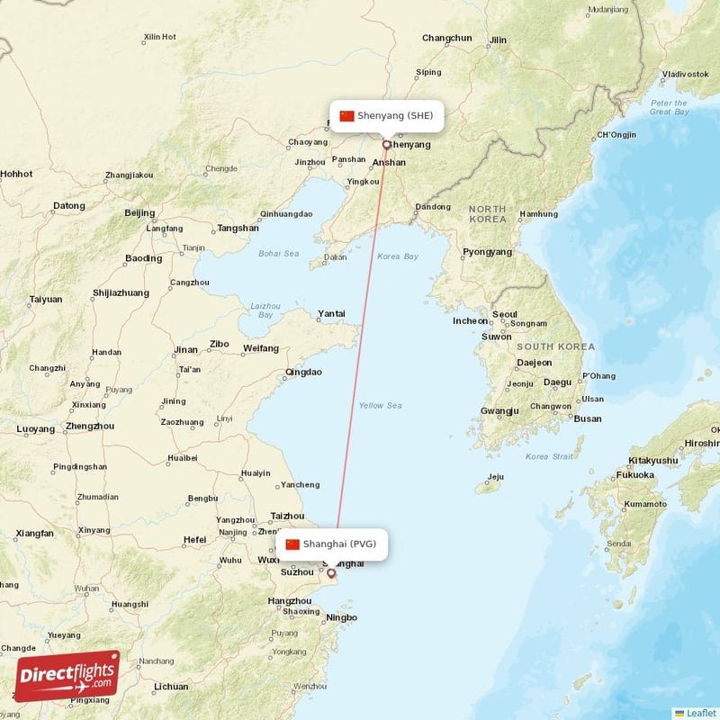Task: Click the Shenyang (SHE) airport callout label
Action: pyautogui.click(x=387, y=116)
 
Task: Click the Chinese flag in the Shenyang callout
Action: pyautogui.click(x=346, y=116)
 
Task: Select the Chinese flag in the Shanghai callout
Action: pyautogui.click(x=292, y=544)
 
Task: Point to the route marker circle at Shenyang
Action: pyautogui.click(x=387, y=144)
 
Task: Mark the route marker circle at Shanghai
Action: pyautogui.click(x=330, y=572)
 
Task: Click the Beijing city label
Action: pyautogui.click(x=139, y=213)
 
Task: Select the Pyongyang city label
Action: pyautogui.click(x=487, y=253)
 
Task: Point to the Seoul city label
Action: pyautogui.click(x=505, y=314)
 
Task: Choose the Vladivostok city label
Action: pyautogui.click(x=685, y=74)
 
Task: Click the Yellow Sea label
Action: pyautogui.click(x=380, y=405)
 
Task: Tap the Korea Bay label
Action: pyautogui.click(x=398, y=256)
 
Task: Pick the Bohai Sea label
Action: pyautogui.click(x=278, y=254)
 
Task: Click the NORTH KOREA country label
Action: pyautogui.click(x=487, y=213)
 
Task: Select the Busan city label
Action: pyautogui.click(x=588, y=418)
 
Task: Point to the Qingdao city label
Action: pyautogui.click(x=303, y=372)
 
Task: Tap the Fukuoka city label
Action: pyautogui.click(x=635, y=474)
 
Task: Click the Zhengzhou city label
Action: pyautogui.click(x=90, y=427)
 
